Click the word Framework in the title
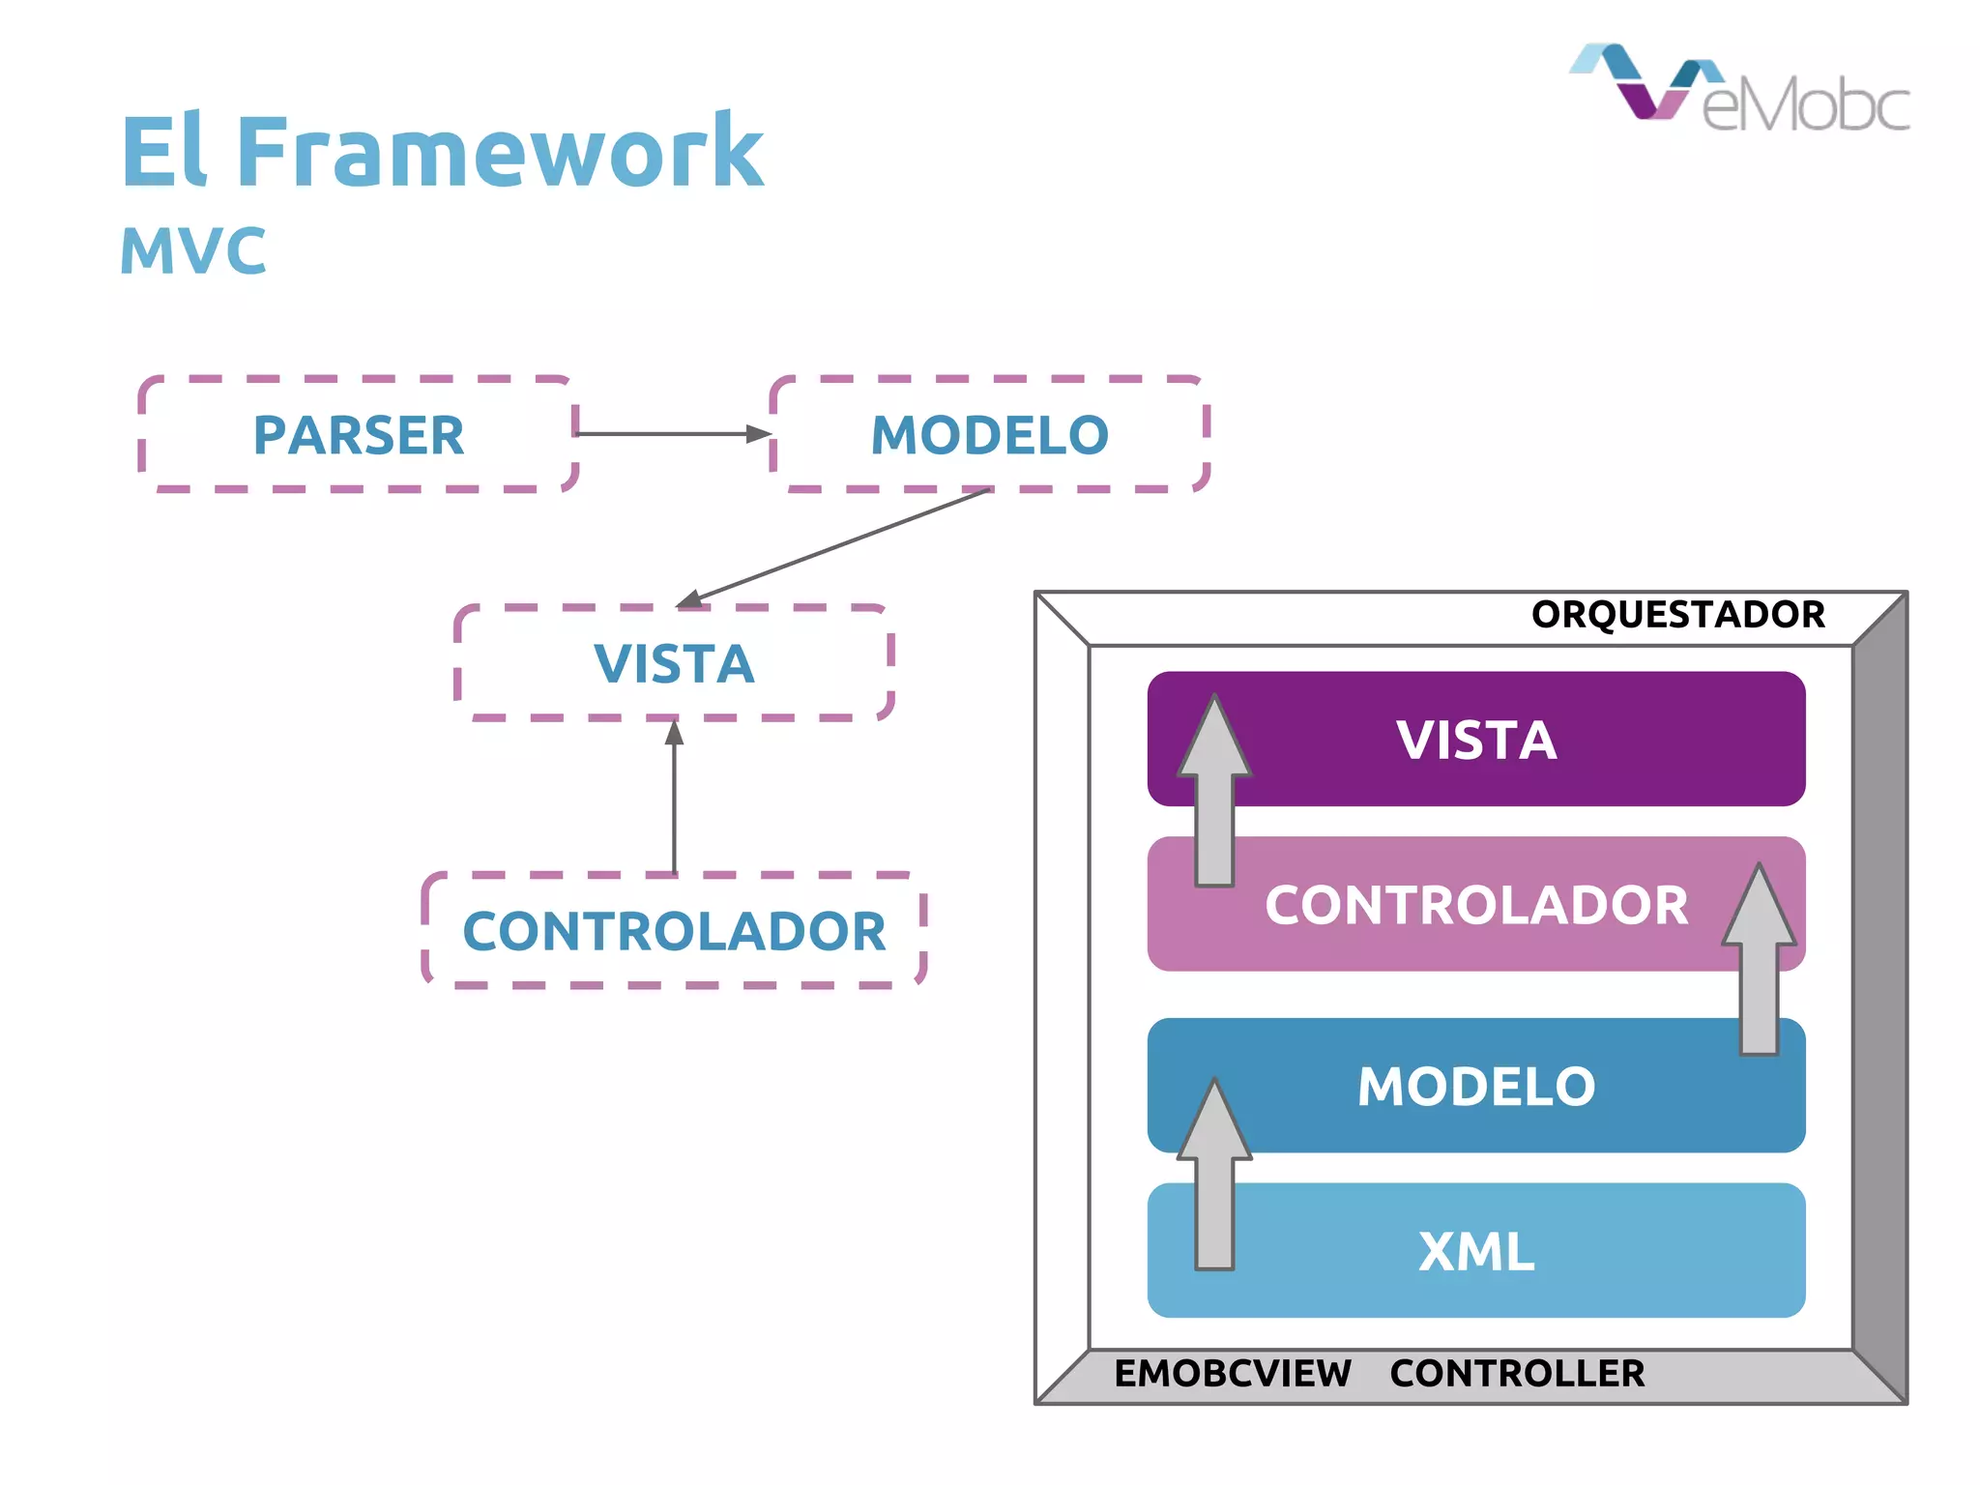[x=500, y=152]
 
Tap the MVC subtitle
[x=192, y=251]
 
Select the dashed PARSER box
[x=359, y=434]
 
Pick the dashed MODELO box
[x=990, y=434]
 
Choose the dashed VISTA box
[x=674, y=663]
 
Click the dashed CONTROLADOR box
[x=674, y=930]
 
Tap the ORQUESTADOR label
[x=1677, y=615]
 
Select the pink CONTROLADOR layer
[x=1476, y=905]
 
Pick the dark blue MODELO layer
[x=1476, y=1086]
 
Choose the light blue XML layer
[x=1476, y=1251]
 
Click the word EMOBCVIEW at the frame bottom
[x=1233, y=1374]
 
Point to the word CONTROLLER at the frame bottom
[x=1517, y=1374]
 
